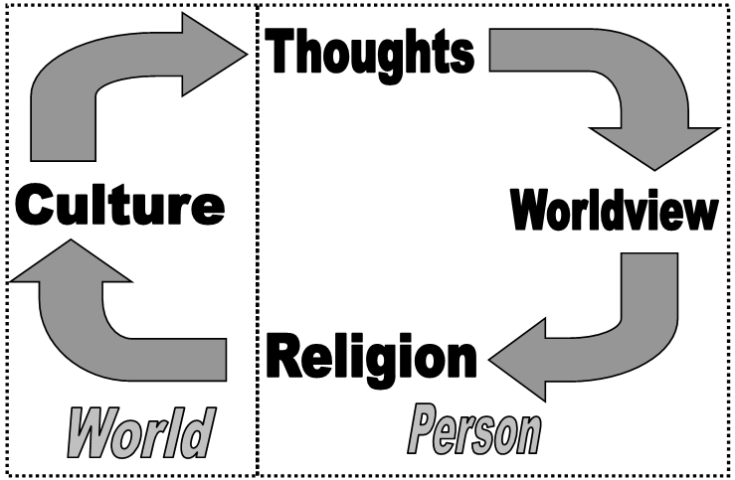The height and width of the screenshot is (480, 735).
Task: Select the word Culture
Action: pyautogui.click(x=119, y=206)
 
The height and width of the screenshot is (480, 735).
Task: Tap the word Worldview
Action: pyautogui.click(x=614, y=211)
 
